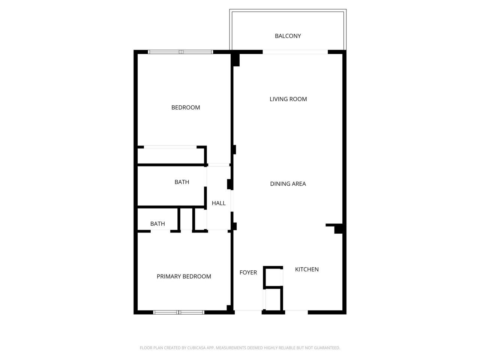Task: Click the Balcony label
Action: [x=288, y=36]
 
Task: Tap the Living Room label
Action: [x=288, y=99]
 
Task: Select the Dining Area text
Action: [x=288, y=184]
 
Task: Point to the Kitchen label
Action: [x=307, y=269]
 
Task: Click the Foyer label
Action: [x=248, y=272]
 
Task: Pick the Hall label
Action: [x=219, y=203]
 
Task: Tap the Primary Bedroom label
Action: [x=184, y=276]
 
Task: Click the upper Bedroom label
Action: [x=186, y=107]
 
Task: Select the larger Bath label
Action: [x=182, y=182]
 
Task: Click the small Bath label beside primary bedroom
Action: [x=157, y=223]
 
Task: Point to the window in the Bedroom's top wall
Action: [x=181, y=52]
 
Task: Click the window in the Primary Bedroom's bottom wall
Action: [x=179, y=312]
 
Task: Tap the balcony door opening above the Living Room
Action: [x=295, y=52]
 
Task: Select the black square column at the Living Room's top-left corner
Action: [x=235, y=60]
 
